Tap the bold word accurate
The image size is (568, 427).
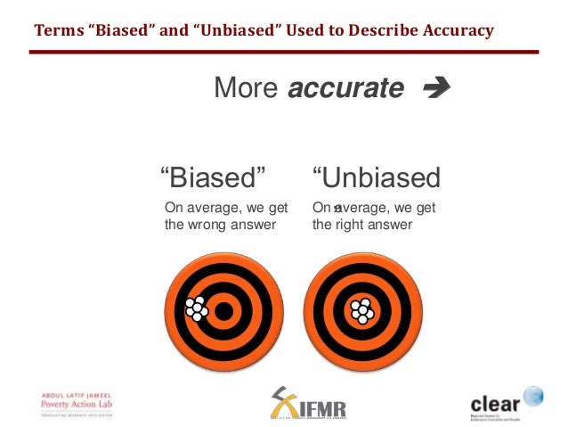[345, 88]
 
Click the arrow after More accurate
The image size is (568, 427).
[437, 88]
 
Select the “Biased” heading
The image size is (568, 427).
[212, 177]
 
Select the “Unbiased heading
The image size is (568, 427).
[376, 177]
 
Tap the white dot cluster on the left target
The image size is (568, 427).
[196, 308]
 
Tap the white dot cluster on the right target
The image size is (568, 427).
[362, 310]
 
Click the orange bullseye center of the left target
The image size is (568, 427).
[224, 311]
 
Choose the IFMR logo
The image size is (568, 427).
[308, 405]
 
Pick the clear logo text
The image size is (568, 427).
[495, 402]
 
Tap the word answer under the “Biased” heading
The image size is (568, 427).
[255, 225]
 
